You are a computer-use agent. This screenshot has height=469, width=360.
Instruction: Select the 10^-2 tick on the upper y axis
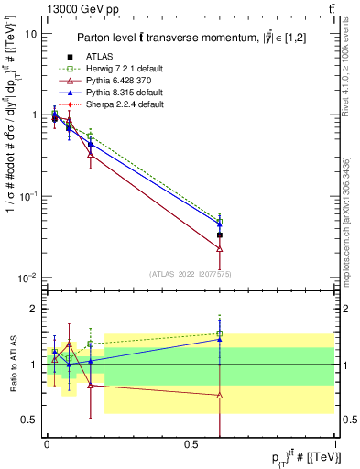tap(28, 278)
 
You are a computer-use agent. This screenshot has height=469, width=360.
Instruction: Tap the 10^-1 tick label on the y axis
tap(28, 197)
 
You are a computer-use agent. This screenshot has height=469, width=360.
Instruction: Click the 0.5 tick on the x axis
tap(191, 442)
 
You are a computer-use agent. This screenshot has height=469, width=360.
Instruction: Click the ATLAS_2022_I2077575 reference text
tap(190, 274)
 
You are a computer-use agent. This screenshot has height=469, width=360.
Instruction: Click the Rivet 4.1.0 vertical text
tap(341, 73)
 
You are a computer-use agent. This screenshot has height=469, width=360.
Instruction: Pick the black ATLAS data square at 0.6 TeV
tap(220, 235)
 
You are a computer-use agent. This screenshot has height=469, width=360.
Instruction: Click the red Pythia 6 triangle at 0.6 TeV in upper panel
tap(220, 248)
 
